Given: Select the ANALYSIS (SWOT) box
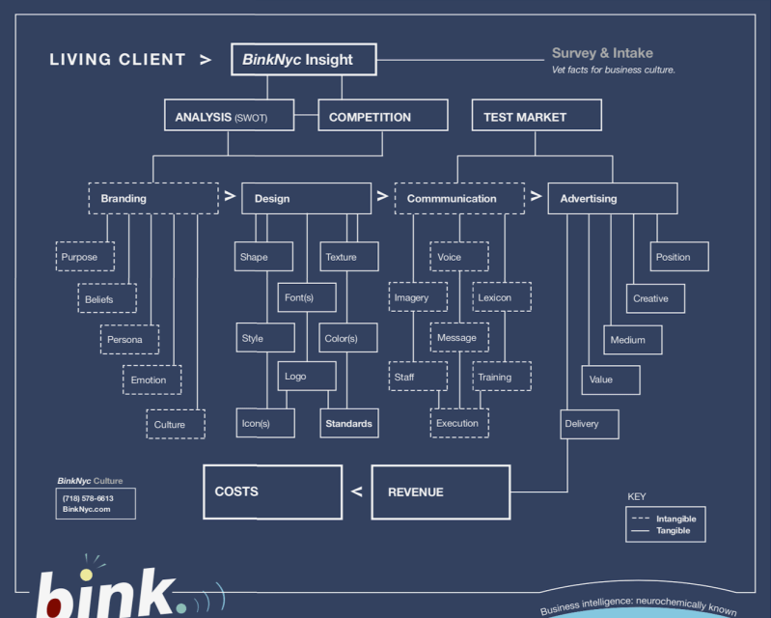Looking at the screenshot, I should point(228,117).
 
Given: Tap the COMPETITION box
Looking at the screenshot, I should point(382,117).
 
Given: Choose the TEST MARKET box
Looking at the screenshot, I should point(536,117).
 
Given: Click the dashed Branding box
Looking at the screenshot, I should point(153,199).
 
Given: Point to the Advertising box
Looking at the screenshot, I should point(612,199).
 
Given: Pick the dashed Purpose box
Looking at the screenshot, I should point(85,257).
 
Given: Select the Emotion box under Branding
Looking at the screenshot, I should point(151,379).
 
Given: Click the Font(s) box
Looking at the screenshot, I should point(307,297).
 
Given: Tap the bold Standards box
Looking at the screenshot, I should point(348,424).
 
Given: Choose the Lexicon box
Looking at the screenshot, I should point(501,297).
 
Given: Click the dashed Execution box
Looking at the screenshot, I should point(459,423).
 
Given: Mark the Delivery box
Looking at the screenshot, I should point(589,424).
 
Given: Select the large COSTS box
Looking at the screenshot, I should point(272,492).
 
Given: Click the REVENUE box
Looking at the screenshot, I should point(440,492).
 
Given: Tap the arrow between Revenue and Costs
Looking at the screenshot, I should point(357,492).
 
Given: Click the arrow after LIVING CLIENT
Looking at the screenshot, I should point(206,60).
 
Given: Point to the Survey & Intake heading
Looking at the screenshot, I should point(602,53).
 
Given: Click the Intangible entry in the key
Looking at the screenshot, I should point(675,519).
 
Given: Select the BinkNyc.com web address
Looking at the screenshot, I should point(87,509).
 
